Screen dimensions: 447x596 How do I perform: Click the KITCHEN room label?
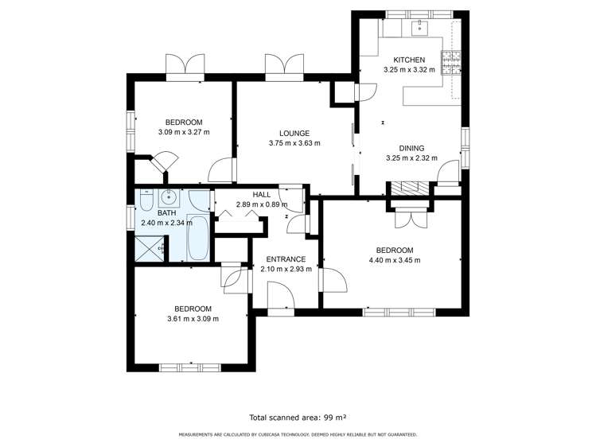point(409,60)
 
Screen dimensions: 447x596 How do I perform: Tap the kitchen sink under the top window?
point(419,29)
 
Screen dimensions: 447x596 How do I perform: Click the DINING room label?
point(411,148)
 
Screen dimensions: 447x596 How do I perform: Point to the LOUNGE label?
point(294,133)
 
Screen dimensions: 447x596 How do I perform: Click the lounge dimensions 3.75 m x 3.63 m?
point(294,143)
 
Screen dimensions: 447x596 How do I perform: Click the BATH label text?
point(166,213)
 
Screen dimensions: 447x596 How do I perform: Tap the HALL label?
point(262,195)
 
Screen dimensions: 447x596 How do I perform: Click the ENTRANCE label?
point(286,259)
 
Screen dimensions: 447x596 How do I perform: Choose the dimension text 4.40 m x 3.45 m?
point(394,260)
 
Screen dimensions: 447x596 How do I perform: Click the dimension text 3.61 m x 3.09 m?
point(193,319)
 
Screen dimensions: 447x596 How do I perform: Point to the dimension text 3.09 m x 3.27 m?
point(183,132)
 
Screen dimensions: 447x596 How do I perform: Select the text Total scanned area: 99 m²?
point(298,417)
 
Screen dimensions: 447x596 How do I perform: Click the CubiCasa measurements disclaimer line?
point(298,434)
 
